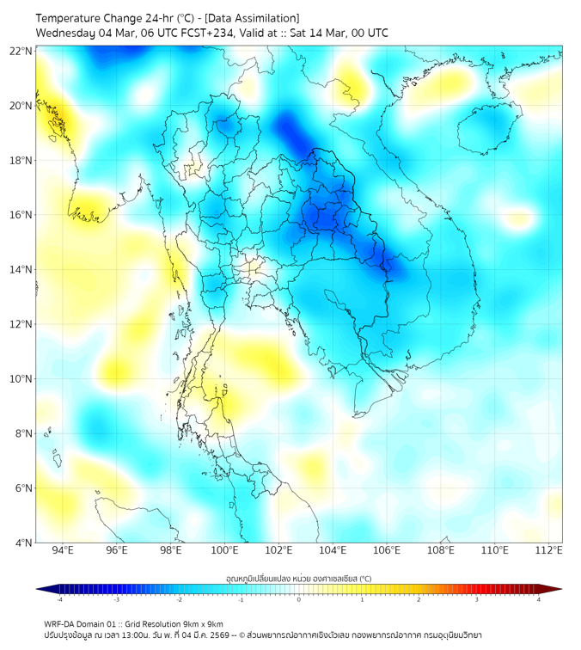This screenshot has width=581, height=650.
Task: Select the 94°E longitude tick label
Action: (63, 550)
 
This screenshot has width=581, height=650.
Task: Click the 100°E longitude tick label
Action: (224, 550)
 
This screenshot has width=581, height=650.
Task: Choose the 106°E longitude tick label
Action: (387, 550)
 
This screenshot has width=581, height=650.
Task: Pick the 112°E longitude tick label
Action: (549, 550)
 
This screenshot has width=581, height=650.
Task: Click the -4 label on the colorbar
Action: (59, 599)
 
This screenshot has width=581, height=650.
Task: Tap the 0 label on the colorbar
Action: (299, 599)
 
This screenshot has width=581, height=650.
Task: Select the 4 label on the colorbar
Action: (539, 599)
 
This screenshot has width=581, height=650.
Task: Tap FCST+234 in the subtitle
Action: (201, 34)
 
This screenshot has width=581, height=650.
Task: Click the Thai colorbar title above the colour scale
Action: (298, 578)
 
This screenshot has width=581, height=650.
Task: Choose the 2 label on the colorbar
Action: (419, 599)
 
